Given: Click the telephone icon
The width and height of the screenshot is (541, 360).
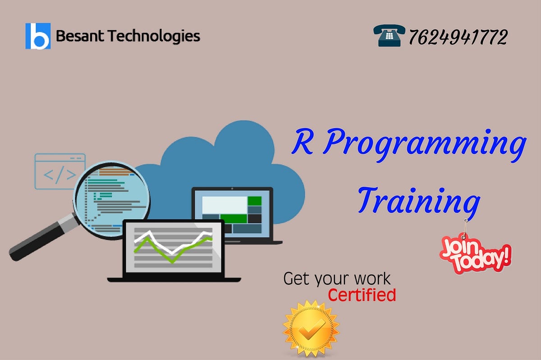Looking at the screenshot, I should (x=389, y=36).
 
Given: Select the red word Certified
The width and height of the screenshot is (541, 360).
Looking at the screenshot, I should (x=362, y=295).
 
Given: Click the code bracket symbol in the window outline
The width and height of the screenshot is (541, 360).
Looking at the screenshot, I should (x=59, y=174).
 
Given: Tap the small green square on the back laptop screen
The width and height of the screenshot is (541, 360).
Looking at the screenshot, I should (x=255, y=200).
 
